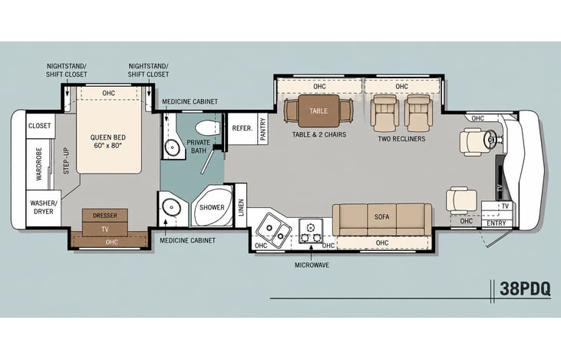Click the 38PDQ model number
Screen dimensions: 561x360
pos(525,289)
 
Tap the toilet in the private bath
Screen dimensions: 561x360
pos(207,128)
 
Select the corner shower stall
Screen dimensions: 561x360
pos(212,206)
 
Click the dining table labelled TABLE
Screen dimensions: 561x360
pos(318,111)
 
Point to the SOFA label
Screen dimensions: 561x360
pos(381,217)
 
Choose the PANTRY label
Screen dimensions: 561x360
pos(263,129)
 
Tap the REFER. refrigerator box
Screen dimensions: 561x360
pos(243,129)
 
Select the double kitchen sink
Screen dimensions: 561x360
pos(274,230)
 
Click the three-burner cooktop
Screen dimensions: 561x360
pos(311,232)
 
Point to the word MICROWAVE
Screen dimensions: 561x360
pos(312,265)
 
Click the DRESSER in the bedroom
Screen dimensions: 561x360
pos(105,216)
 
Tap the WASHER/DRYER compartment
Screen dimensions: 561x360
pos(44,207)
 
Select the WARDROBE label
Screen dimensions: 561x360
pos(39,164)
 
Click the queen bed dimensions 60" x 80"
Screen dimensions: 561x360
pos(107,146)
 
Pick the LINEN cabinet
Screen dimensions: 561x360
pos(241,205)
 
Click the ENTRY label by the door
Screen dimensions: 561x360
pos(497,223)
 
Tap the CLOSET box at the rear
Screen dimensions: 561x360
pos(41,126)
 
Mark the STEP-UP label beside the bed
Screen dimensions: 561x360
pos(66,160)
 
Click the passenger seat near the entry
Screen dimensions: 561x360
pos(461,200)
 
